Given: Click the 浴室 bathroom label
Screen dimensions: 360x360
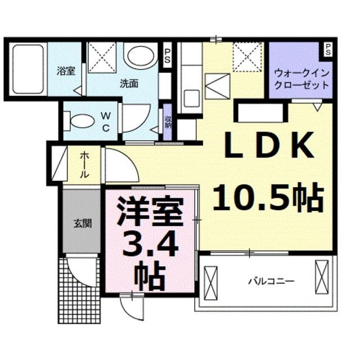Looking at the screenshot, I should [x=66, y=71].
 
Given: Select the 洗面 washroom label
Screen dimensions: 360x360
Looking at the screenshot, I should [x=129, y=83].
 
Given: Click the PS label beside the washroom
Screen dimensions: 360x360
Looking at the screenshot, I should [x=167, y=56].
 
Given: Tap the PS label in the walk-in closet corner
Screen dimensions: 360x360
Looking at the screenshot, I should [x=327, y=49].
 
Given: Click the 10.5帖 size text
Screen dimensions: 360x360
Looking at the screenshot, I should [x=269, y=197].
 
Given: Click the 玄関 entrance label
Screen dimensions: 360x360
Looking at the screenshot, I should [x=82, y=223].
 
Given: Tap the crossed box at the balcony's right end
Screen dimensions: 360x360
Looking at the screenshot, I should [x=321, y=277].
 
